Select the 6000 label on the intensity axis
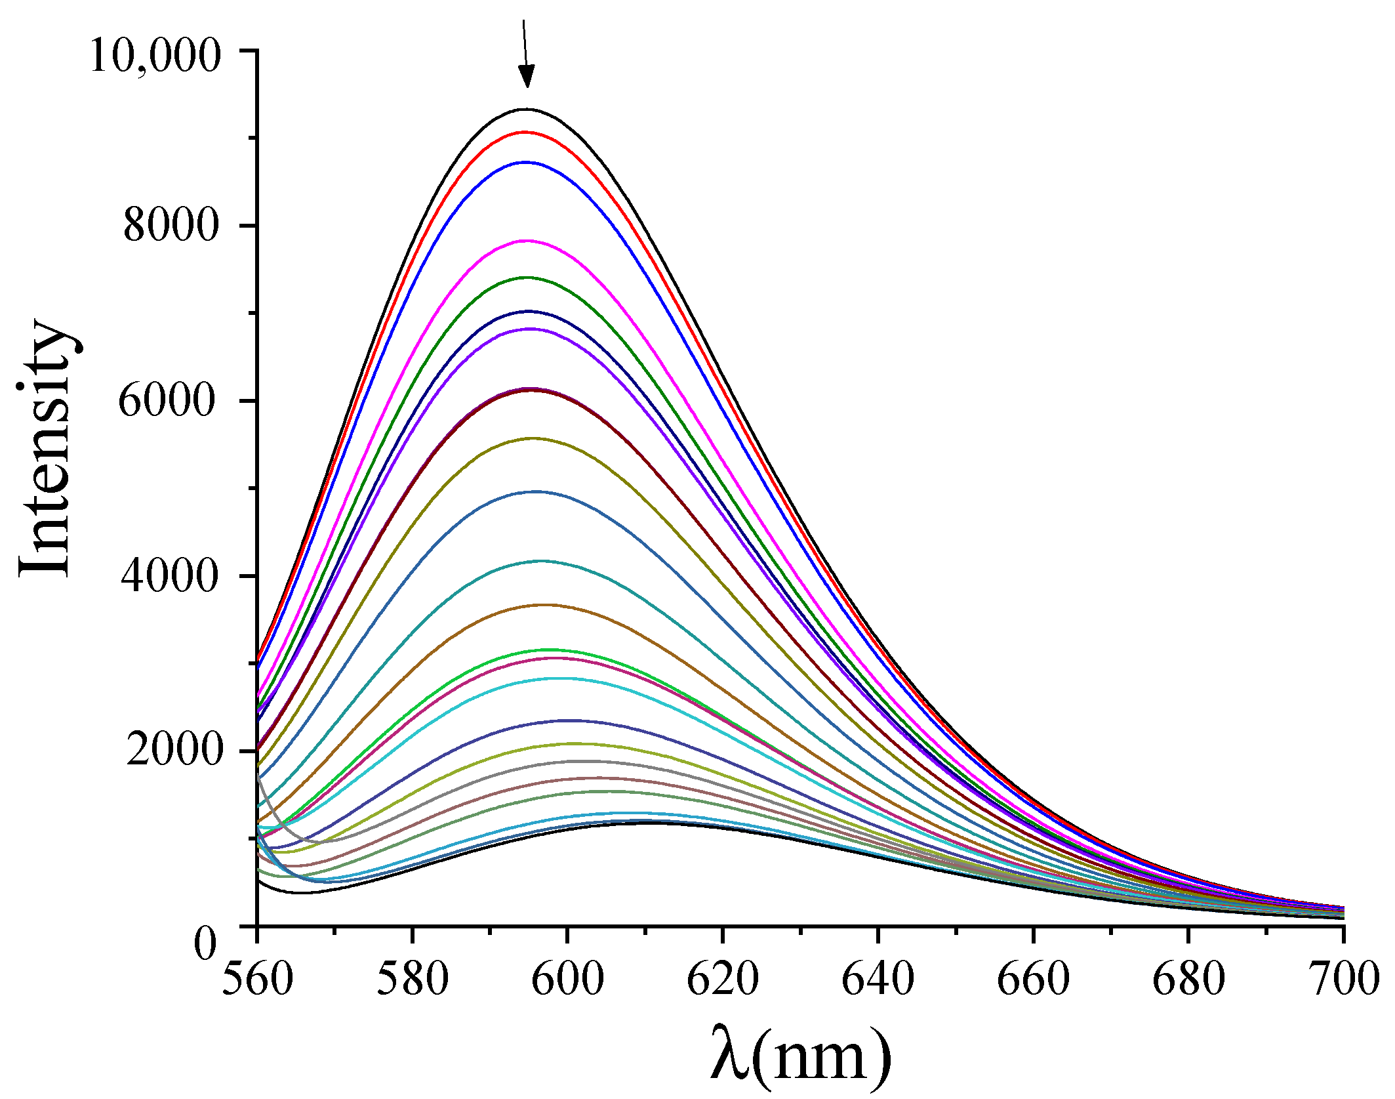[x=167, y=401]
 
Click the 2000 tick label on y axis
[x=172, y=750]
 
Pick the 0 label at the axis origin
[x=205, y=945]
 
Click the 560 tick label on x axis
[x=257, y=979]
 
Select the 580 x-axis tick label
[x=413, y=979]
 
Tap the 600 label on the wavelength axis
[x=567, y=979]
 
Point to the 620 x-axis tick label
[x=723, y=979]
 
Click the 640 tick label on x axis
[x=878, y=979]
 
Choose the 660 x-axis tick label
[x=1033, y=979]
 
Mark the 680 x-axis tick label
[x=1188, y=979]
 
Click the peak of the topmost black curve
[x=525, y=110]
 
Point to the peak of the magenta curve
[x=527, y=241]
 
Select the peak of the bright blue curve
[x=525, y=162]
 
